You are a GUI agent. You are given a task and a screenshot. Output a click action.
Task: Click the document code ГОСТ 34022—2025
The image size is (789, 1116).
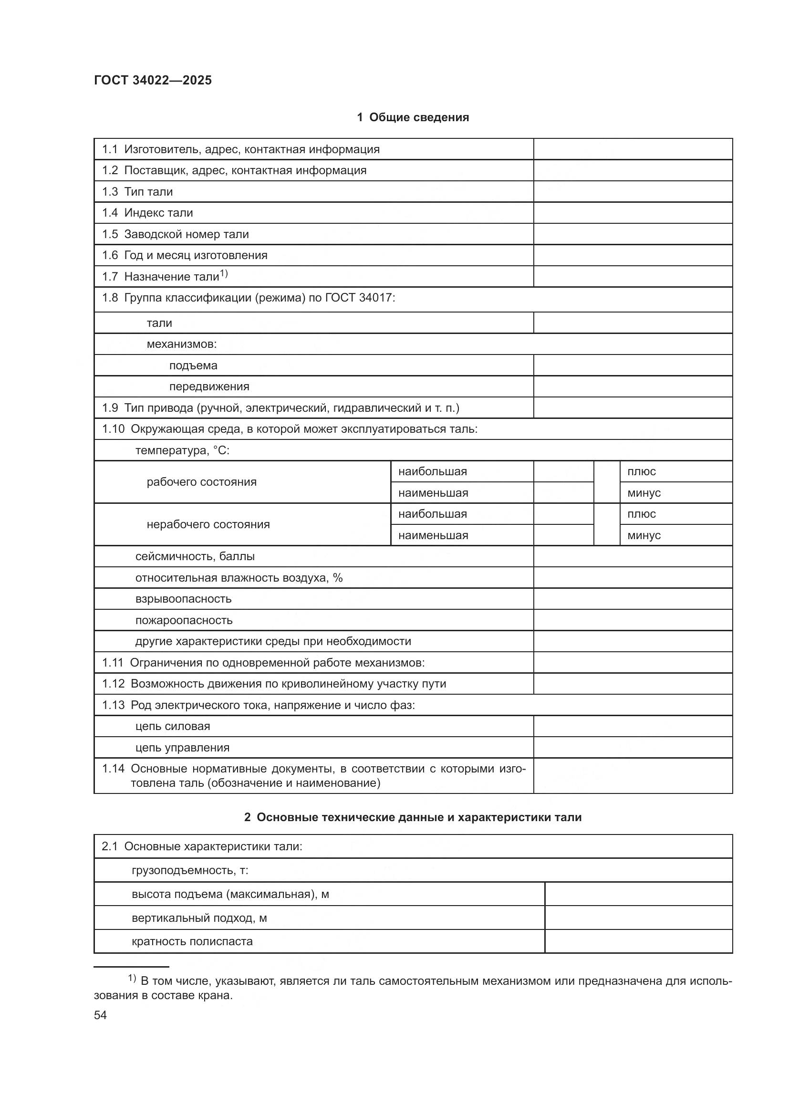(153, 81)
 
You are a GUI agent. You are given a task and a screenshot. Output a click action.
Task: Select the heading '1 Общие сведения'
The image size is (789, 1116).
(413, 117)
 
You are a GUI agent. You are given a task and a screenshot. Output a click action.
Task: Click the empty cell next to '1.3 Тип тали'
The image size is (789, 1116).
(633, 191)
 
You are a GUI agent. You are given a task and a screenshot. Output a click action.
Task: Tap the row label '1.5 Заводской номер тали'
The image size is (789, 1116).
(176, 234)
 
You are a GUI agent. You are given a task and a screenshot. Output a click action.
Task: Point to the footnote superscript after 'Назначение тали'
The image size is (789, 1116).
(224, 274)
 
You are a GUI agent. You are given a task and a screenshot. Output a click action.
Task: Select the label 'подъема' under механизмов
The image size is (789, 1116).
(193, 365)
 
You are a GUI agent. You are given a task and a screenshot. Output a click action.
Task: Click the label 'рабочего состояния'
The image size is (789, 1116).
(202, 482)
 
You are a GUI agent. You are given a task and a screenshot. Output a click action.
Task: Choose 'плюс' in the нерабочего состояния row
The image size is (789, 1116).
(641, 514)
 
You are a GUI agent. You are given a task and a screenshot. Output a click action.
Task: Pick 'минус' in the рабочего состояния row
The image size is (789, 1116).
(644, 493)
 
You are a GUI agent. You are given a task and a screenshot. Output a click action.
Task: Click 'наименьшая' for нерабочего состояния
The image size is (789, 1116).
(433, 536)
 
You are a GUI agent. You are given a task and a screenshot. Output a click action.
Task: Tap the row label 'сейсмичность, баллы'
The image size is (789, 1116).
(195, 556)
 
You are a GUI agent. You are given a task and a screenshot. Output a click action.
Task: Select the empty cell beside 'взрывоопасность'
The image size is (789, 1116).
(633, 599)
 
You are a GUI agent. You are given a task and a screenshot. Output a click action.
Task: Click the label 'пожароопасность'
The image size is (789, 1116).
(184, 620)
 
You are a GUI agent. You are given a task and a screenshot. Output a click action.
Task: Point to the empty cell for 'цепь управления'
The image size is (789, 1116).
(633, 748)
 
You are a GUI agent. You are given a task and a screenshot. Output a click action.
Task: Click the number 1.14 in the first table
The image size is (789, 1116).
(113, 769)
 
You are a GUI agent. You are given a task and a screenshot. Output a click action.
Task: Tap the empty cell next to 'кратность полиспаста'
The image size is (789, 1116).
(638, 941)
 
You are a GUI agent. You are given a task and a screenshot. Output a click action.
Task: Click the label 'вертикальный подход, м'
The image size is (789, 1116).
(199, 918)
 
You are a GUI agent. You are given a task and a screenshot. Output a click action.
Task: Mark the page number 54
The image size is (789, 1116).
(100, 1015)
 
